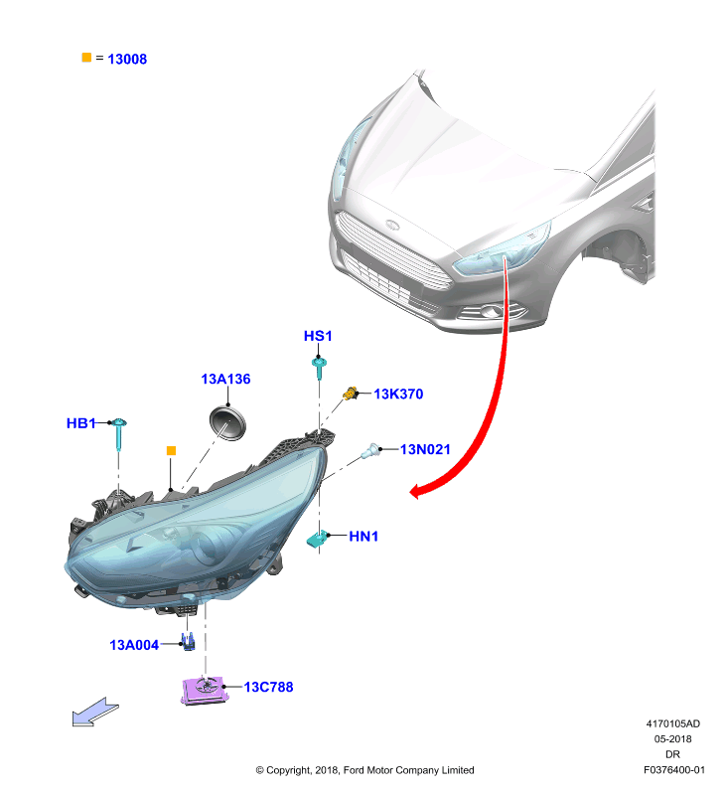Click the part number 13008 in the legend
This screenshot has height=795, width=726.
(127, 60)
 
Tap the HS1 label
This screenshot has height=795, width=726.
(318, 336)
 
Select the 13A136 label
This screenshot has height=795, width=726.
(225, 379)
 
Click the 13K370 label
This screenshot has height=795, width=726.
(398, 394)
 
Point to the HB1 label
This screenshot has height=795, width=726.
(81, 423)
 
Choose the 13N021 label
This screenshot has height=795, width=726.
(425, 449)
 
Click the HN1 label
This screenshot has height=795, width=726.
(363, 536)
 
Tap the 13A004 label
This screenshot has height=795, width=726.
(134, 645)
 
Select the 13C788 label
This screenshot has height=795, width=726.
(268, 687)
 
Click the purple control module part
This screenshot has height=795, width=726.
(205, 690)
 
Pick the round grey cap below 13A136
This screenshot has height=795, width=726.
(227, 423)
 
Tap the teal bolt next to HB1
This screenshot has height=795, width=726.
(118, 433)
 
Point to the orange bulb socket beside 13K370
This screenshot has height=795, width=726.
(350, 393)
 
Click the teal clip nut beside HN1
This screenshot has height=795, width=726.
(317, 539)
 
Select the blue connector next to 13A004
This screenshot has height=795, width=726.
(188, 642)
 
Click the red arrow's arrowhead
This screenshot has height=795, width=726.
(416, 491)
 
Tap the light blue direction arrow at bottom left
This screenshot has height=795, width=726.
(95, 712)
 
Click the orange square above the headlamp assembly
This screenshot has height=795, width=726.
(171, 451)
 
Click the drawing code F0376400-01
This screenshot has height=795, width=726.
(673, 769)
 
